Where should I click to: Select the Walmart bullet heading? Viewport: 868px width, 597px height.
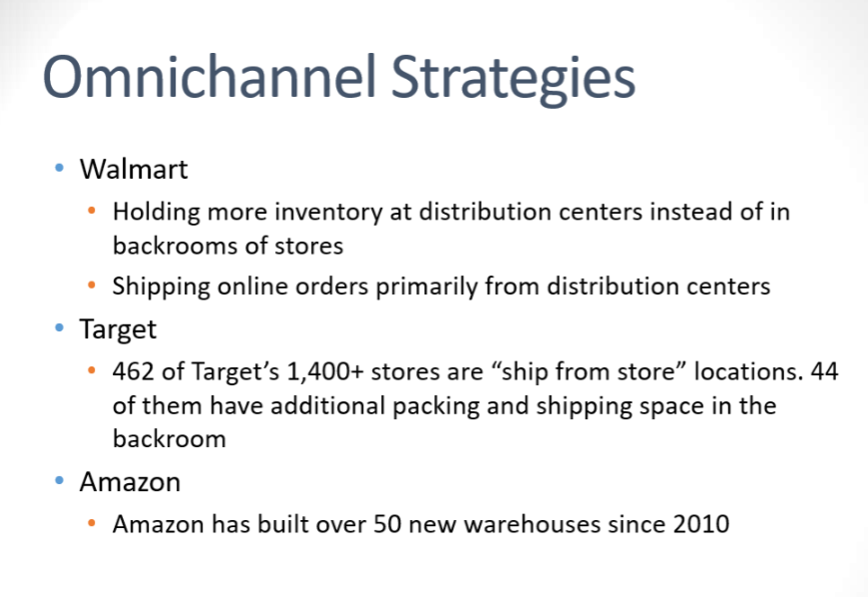coord(134,169)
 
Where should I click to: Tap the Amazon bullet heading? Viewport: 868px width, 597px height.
coord(130,482)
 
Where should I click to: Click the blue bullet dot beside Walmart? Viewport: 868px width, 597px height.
coord(58,168)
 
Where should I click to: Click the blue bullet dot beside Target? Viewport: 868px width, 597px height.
coord(58,327)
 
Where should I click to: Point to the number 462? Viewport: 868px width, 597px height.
coord(134,372)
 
